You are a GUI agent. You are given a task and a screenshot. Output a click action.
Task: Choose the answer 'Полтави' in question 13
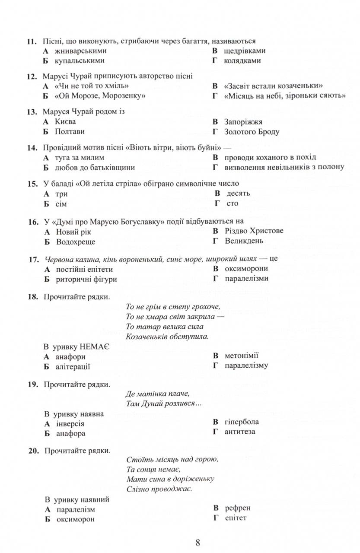pos(70,131)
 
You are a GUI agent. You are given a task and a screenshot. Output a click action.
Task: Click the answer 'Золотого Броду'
pos(252,132)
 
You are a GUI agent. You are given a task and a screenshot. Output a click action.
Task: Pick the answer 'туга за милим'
pos(80,158)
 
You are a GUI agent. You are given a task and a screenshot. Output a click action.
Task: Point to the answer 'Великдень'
pos(244,241)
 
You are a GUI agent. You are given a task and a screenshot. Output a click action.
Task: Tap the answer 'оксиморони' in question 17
pos(246,269)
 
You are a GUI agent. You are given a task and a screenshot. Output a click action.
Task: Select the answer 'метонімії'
pos(242,356)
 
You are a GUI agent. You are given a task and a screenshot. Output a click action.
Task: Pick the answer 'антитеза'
pos(240,431)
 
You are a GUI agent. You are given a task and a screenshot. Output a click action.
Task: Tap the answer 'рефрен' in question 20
pos(237,508)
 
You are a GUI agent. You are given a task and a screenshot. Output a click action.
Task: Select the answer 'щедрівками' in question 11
pos(245,51)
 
